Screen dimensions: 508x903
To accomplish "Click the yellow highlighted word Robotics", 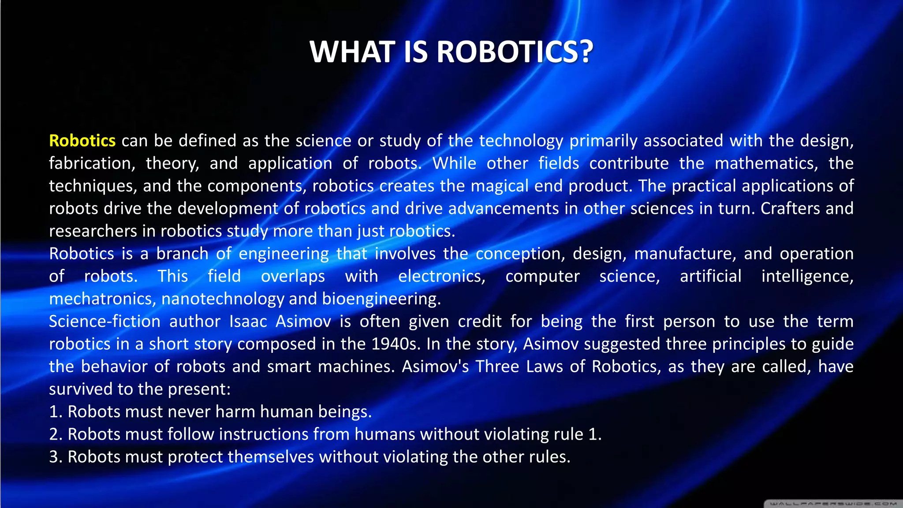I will coord(82,141).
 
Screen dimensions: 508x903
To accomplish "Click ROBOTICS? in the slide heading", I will coord(515,52).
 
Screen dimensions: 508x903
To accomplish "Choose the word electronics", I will coord(442,276).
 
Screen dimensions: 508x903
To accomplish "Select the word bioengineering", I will coord(381,299).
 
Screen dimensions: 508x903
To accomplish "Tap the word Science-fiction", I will coord(104,321).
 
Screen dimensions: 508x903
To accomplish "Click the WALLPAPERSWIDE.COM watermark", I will coord(833,503).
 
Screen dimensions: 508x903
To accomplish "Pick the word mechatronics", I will coord(102,299).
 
